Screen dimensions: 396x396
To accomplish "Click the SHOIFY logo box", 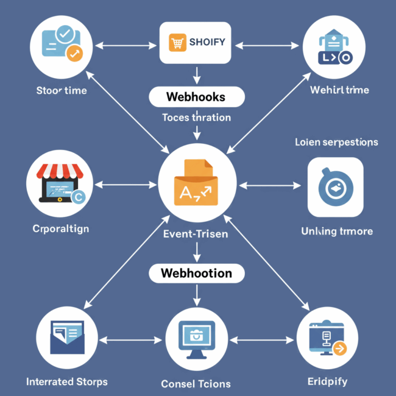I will (196, 43).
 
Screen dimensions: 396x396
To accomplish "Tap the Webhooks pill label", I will (196, 97).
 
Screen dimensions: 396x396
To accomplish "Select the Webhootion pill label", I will (196, 273).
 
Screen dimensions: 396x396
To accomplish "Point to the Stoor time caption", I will (61, 90).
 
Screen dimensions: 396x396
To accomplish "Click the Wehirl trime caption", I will (339, 90).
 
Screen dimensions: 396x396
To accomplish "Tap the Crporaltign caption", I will (60, 229).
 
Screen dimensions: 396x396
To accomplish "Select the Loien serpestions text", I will (336, 142).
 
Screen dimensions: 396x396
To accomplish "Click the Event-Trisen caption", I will (196, 234).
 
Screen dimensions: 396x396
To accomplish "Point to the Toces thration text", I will (196, 118).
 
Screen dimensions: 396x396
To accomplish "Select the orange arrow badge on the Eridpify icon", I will (339, 348).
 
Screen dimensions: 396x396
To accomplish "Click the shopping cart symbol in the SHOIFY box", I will (177, 42).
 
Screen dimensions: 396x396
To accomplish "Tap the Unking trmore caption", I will (337, 232).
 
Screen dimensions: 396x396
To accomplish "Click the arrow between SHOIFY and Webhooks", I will (196, 75).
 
